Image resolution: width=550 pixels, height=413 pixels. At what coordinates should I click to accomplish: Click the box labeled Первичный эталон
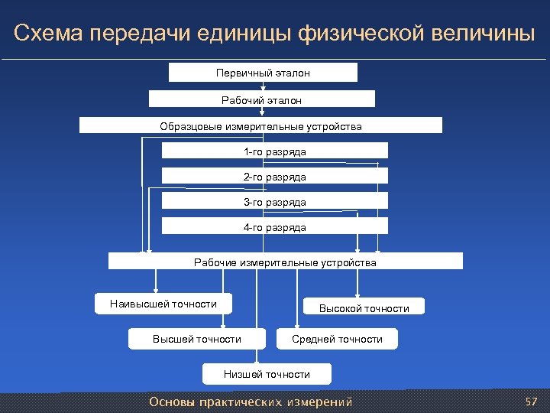[x=263, y=73]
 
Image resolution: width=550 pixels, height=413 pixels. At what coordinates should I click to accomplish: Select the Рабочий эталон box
[x=261, y=99]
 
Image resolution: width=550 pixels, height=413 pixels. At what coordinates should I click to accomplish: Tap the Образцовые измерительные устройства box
[x=260, y=125]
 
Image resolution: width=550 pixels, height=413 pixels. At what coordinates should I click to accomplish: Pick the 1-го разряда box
[x=274, y=151]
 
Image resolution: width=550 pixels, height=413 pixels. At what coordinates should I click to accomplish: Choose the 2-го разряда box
[x=274, y=177]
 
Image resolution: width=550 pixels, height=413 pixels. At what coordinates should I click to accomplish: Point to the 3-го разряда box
[x=274, y=202]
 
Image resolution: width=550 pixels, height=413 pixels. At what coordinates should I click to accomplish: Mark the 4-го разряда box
[x=274, y=227]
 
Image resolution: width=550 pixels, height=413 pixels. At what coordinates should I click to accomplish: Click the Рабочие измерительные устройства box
[x=285, y=262]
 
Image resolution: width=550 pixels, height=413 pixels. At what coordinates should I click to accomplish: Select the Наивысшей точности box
[x=163, y=304]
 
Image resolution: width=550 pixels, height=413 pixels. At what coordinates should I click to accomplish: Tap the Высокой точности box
[x=364, y=308]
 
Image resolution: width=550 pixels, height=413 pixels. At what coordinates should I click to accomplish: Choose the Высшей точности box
[x=196, y=339]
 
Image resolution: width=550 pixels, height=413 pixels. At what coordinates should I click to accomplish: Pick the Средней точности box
[x=337, y=339]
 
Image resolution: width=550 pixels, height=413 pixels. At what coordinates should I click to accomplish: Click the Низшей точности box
[x=267, y=374]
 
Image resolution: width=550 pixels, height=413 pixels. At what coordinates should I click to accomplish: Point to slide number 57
[x=532, y=401]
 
